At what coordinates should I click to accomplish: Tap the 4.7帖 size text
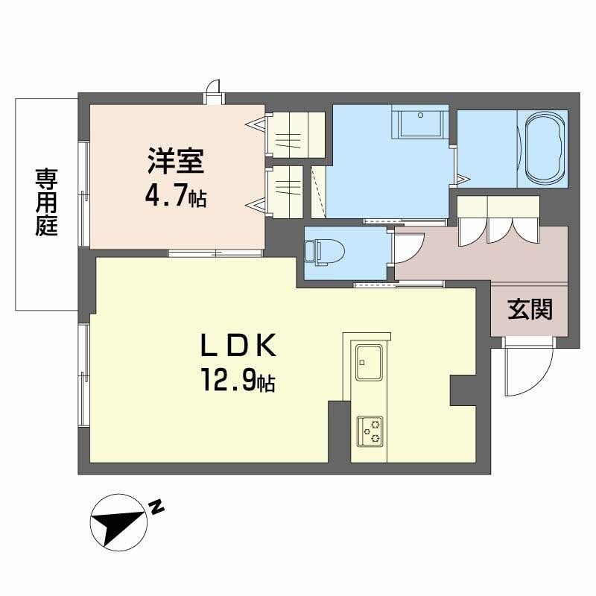click(x=176, y=197)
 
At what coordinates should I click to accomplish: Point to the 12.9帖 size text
click(x=237, y=382)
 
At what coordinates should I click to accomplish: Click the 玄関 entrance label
click(x=530, y=309)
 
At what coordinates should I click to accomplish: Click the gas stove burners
click(x=369, y=430)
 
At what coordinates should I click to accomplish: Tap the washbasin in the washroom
click(x=420, y=123)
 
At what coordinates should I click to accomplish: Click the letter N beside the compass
click(x=156, y=508)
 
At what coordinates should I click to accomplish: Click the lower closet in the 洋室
click(x=286, y=190)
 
